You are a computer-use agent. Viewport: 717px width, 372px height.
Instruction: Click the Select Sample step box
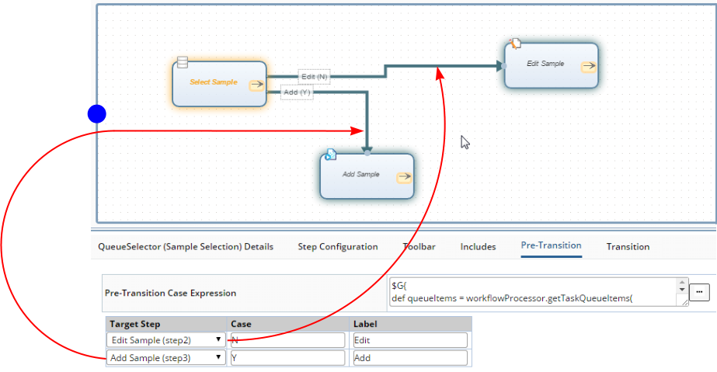(219, 84)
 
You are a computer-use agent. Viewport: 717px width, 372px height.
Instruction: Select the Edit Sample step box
(551, 65)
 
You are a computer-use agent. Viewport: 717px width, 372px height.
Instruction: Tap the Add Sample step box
(367, 176)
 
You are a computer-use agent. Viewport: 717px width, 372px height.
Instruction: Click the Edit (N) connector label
(314, 77)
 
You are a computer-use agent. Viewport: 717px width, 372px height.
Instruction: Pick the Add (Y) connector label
(297, 92)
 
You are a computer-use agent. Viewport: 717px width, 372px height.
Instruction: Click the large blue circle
(97, 114)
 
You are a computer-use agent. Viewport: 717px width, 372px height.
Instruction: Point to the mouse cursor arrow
(465, 142)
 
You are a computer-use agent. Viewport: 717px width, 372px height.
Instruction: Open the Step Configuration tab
(338, 247)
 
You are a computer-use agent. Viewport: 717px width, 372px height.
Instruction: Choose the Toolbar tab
(419, 247)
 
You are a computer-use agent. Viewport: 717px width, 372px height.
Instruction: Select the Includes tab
(478, 247)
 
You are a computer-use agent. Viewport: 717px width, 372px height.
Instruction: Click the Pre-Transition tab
(551, 245)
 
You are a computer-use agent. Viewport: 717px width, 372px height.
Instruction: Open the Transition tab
(628, 247)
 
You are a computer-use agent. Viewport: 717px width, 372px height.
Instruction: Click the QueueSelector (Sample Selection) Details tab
(186, 247)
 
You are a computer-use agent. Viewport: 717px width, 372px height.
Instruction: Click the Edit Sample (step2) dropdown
(166, 340)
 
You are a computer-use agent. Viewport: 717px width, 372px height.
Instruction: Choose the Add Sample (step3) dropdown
(166, 358)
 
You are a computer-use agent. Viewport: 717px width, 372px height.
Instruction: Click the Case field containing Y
(287, 358)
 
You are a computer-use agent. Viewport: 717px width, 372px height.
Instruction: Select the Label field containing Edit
(410, 340)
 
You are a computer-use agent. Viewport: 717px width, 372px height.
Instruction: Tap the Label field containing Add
(410, 358)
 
